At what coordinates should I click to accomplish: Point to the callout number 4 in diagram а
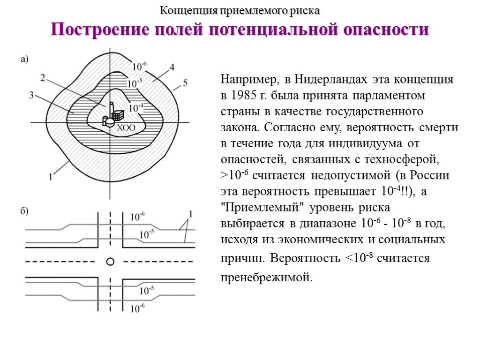[x=172, y=67]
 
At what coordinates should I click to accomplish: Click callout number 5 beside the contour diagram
[x=185, y=83]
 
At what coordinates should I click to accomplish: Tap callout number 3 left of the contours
[x=31, y=96]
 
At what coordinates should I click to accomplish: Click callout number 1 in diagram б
[x=191, y=214]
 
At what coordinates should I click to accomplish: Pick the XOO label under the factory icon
[x=126, y=127]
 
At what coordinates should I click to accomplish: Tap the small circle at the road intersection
[x=110, y=261]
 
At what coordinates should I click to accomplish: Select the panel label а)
[x=24, y=59]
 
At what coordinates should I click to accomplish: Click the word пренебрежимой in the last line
[x=266, y=277]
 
